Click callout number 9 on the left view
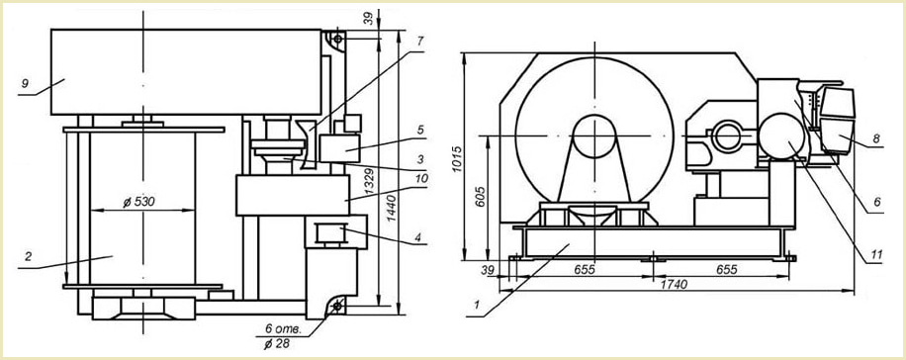25,84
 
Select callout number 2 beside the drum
28,256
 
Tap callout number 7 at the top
420,41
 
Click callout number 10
421,178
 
